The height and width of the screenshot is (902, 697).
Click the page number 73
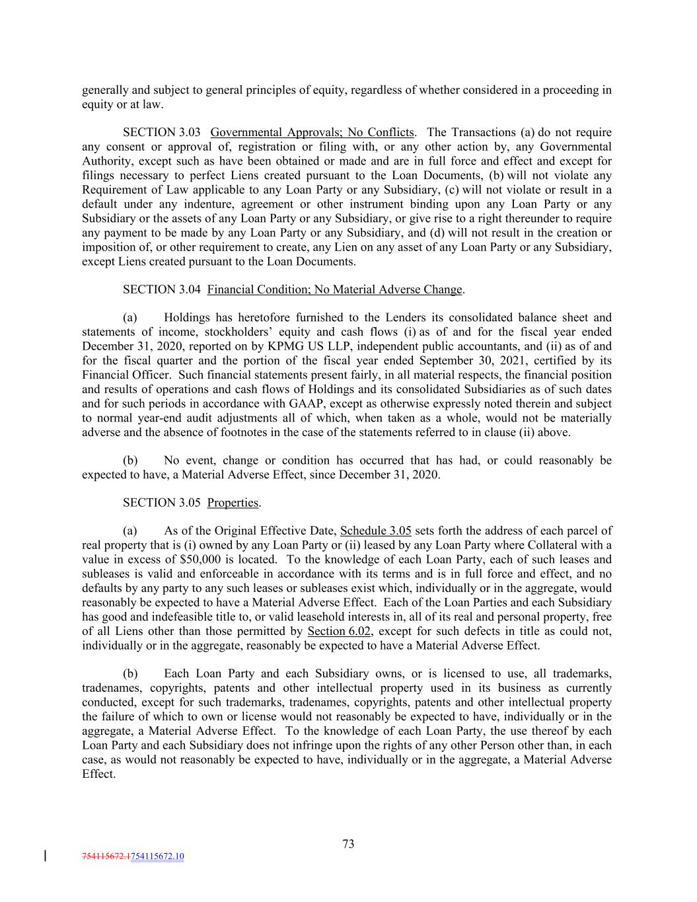coord(348,844)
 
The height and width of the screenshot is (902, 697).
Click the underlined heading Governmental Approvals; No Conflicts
coord(312,132)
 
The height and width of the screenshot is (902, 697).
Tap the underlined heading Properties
coord(233,503)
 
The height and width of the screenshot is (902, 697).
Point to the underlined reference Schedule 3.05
coord(375,531)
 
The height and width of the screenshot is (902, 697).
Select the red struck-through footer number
coord(106,857)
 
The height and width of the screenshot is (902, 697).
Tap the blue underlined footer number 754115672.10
coord(158,857)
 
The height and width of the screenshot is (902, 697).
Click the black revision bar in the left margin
coord(44,856)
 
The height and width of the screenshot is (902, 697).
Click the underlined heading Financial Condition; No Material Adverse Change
coord(334,289)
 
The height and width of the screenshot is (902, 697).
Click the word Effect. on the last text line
coord(98,774)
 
